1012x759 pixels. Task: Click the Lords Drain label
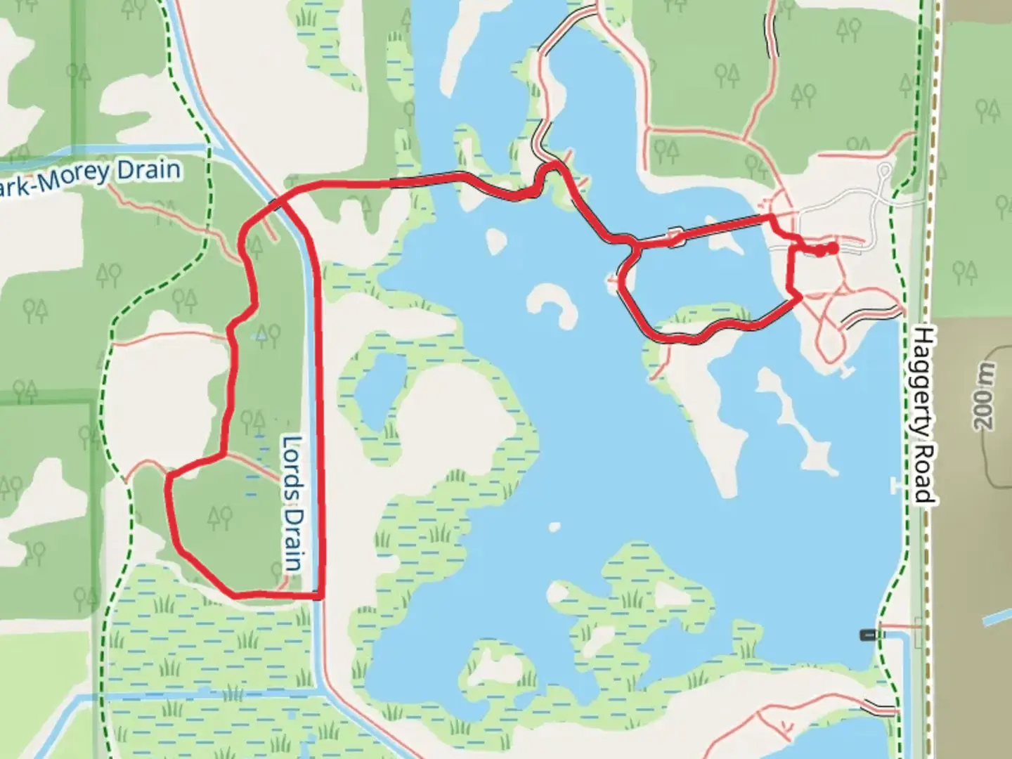click(292, 504)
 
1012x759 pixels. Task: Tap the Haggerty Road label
click(923, 415)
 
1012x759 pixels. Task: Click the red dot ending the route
click(833, 248)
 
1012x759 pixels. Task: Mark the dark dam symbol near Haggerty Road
click(869, 635)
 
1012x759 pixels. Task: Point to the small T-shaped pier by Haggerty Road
click(896, 484)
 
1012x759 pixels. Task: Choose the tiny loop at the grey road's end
click(883, 171)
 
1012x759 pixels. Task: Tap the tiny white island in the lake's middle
click(554, 526)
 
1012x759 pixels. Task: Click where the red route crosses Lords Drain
click(280, 202)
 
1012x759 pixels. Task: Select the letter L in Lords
click(292, 446)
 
